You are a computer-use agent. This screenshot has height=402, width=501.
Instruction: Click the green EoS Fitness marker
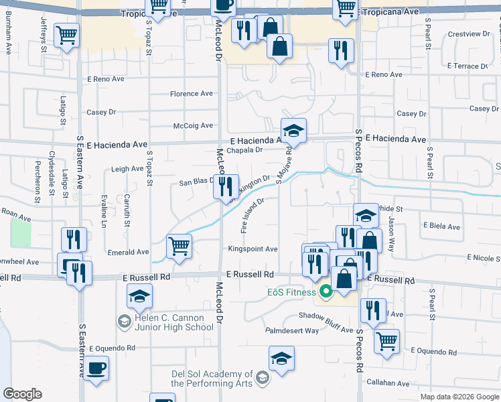pos(326,291)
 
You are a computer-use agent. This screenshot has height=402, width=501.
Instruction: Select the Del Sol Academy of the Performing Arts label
pos(212,379)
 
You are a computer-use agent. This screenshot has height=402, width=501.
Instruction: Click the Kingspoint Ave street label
pos(253,249)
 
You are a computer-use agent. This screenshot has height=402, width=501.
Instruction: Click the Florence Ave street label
pos(191,94)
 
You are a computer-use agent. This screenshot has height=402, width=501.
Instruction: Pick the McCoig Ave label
pos(193,125)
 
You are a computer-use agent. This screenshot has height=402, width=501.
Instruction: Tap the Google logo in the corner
pos(23,394)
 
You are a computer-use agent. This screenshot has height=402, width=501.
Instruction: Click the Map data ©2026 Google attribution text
pos(459,397)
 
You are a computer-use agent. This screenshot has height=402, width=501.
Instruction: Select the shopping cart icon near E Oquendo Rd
pos(386,341)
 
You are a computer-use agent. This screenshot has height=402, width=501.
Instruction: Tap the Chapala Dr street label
pos(244,150)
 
